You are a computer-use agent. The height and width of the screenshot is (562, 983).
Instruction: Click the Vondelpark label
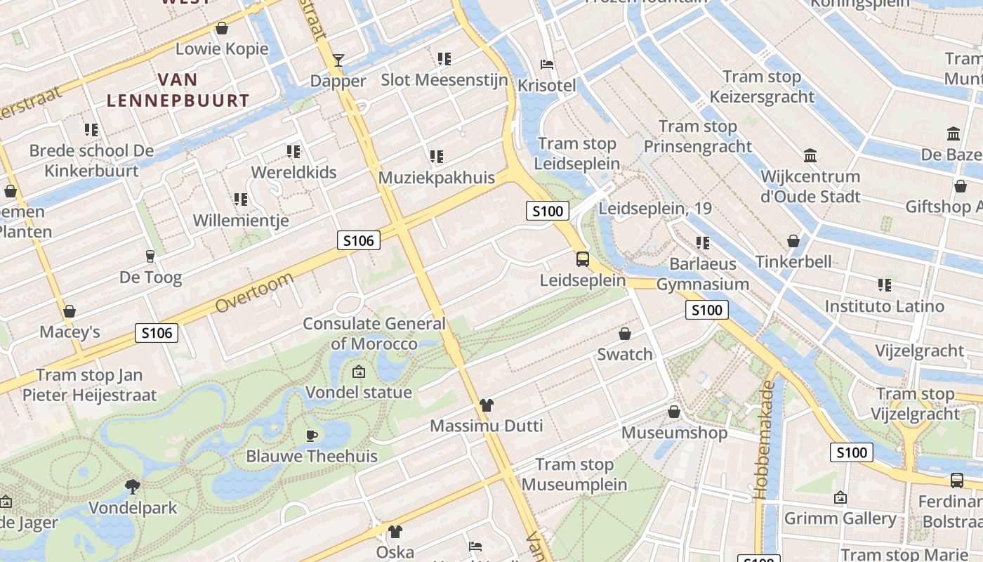133,507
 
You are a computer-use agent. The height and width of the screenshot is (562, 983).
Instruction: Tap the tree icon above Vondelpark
132,486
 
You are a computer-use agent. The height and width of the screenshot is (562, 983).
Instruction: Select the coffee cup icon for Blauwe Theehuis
312,436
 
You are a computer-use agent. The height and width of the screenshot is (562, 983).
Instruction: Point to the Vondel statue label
358,392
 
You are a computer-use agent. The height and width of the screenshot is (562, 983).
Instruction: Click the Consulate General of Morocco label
374,334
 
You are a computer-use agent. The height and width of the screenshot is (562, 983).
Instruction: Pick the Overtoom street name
254,293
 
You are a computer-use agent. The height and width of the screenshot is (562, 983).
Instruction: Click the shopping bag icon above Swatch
625,334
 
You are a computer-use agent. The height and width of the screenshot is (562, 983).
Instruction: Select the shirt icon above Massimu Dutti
487,405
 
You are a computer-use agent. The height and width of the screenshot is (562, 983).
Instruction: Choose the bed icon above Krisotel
547,65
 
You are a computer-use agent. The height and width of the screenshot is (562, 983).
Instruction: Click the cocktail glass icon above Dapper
338,60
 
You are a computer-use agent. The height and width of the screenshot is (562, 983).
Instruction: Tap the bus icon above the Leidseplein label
583,259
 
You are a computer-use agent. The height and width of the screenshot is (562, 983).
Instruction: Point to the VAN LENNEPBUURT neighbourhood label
178,90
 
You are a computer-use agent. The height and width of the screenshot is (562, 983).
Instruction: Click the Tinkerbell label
793,261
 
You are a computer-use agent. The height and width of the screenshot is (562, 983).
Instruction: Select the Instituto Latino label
884,306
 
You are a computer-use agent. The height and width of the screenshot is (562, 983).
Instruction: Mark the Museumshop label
674,432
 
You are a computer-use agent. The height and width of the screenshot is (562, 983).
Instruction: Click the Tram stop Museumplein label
574,474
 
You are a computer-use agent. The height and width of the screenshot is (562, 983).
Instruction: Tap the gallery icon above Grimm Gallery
840,498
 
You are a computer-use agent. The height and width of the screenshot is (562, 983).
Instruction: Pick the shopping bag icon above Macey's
70,311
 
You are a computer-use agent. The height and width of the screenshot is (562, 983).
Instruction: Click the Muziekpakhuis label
437,178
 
